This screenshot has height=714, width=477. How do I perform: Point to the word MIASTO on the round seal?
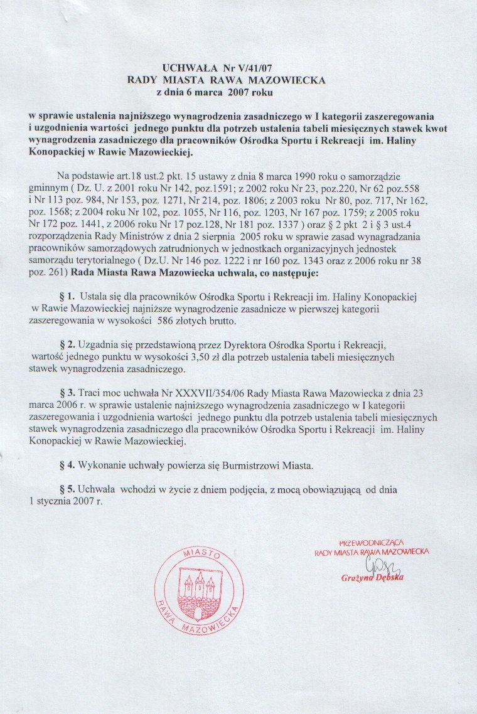point(201,555)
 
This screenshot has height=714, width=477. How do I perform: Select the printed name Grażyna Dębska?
point(373,577)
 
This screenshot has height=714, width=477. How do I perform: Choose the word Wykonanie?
point(102,466)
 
